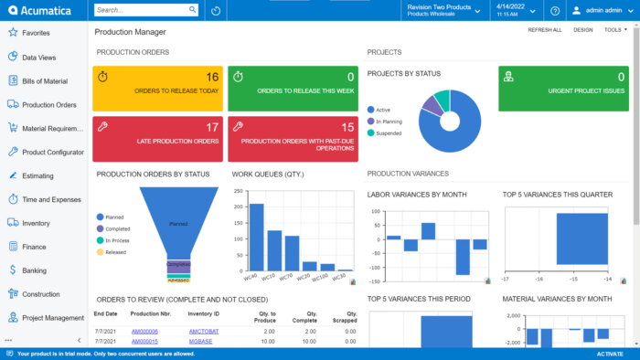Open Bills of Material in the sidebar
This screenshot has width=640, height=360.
pos(44,80)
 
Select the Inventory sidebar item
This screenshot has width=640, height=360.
pos(36,222)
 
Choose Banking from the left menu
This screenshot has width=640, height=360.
pos(34,270)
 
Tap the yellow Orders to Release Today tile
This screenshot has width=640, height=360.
pos(157,88)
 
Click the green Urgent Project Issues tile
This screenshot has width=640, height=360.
pos(563,88)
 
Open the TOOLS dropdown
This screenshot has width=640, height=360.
pos(614,30)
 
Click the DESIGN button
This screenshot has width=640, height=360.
pos(582,30)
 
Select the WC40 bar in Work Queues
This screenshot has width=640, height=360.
pos(257,238)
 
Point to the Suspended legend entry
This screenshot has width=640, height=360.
pos(389,132)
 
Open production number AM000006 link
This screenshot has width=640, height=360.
pos(144,331)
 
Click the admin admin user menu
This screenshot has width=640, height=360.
pos(603,11)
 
